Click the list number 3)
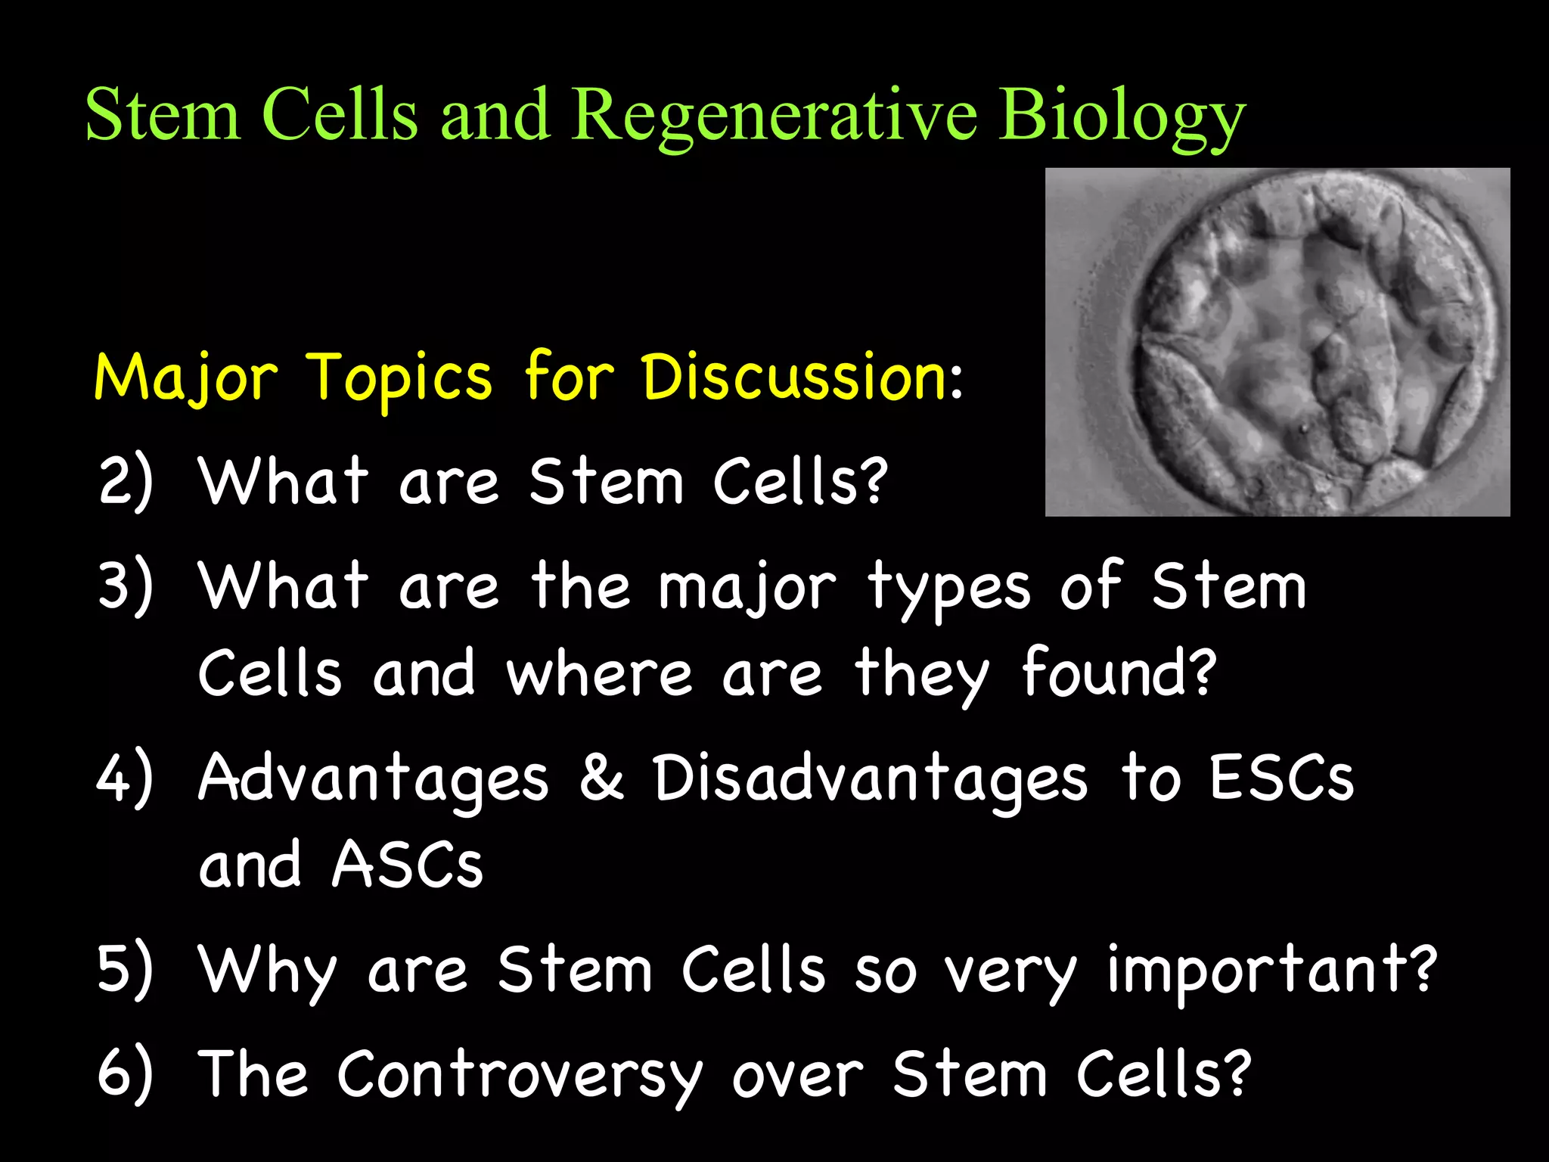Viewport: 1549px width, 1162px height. point(126,586)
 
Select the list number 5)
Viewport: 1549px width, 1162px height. point(126,969)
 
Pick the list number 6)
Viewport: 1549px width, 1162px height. point(126,1073)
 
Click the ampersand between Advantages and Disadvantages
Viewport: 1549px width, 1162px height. point(602,778)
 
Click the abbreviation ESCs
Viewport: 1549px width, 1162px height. point(1281,778)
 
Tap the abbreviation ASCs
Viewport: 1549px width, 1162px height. point(407,865)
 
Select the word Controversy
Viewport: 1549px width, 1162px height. point(520,1075)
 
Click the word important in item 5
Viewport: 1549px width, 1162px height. point(1271,971)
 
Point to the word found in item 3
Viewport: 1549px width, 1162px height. point(1118,673)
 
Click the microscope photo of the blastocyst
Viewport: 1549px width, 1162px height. point(1277,342)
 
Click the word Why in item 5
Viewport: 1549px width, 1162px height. point(266,971)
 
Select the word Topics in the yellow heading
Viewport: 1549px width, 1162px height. point(399,378)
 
